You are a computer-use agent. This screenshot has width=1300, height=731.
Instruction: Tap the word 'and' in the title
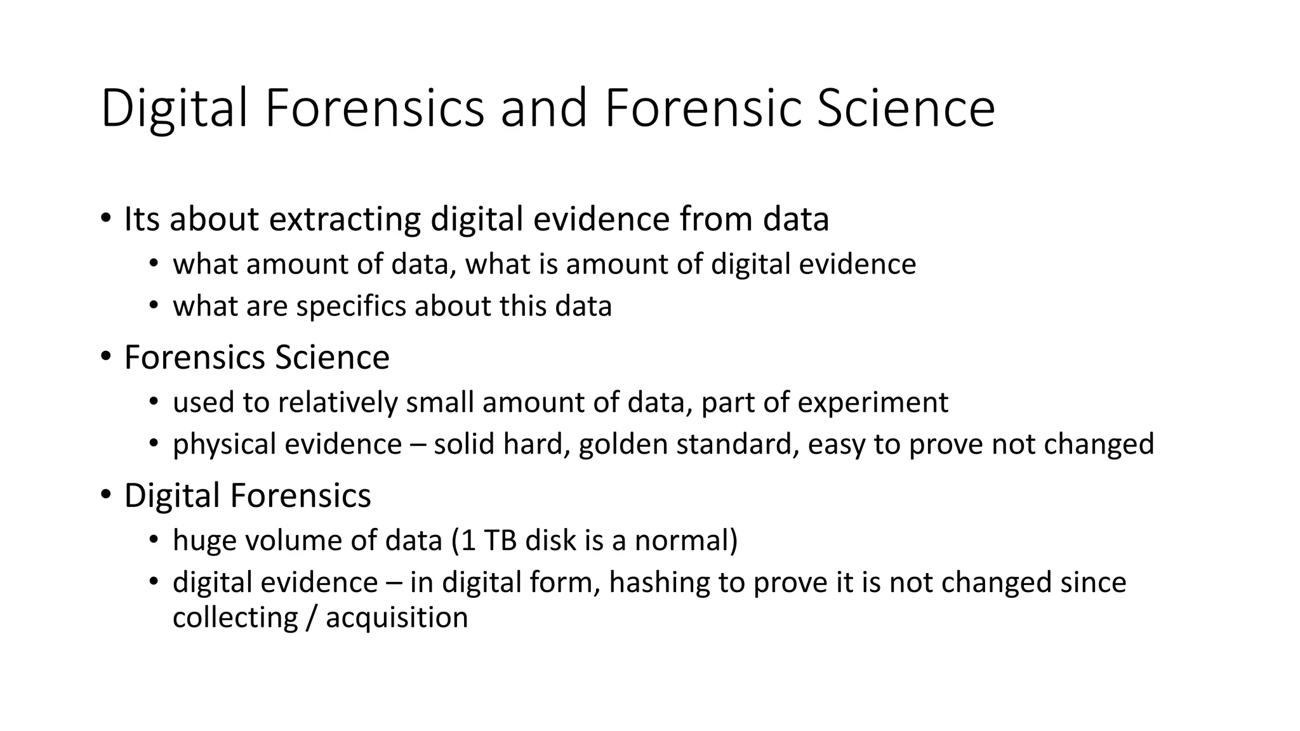pyautogui.click(x=543, y=109)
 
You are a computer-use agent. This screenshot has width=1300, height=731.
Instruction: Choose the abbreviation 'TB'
pyautogui.click(x=500, y=541)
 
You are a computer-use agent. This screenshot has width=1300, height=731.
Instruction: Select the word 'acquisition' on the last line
pyautogui.click(x=397, y=617)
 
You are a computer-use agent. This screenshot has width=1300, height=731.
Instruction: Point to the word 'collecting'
pyautogui.click(x=235, y=617)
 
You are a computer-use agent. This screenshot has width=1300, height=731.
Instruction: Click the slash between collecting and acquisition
pyautogui.click(x=310, y=617)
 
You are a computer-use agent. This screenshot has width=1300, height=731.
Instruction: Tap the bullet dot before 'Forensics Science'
pyautogui.click(x=105, y=357)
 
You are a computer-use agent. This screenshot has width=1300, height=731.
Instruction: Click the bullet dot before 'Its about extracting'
pyautogui.click(x=105, y=219)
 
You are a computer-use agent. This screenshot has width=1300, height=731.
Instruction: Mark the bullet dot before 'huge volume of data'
pyautogui.click(x=153, y=540)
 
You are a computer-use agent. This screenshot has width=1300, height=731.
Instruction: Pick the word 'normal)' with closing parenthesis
pyautogui.click(x=686, y=541)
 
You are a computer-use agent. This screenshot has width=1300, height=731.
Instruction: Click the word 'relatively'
pyautogui.click(x=338, y=402)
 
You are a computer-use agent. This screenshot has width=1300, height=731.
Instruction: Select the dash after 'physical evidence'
pyautogui.click(x=418, y=444)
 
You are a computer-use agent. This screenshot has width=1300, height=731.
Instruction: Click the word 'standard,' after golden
pyautogui.click(x=737, y=444)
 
